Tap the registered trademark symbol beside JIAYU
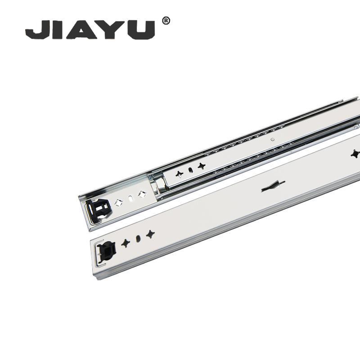(x=166, y=21)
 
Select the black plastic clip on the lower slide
(x=106, y=251)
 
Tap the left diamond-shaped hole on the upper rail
(x=119, y=202)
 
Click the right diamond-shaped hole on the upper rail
(x=142, y=194)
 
